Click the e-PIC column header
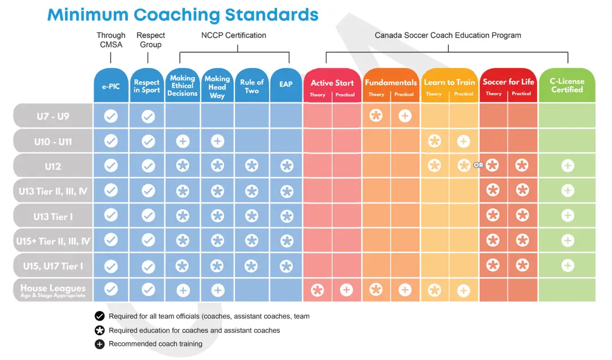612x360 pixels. [111, 86]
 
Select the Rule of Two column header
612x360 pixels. [252, 86]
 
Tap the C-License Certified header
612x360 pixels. [567, 86]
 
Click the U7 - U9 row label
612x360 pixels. [53, 116]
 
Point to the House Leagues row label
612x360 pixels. [53, 290]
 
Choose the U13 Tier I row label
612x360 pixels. [53, 217]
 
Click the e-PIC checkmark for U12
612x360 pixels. [111, 166]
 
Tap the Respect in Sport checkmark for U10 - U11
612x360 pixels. [148, 141]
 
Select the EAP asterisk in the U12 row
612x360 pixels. [287, 166]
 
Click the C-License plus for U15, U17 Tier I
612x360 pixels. [567, 266]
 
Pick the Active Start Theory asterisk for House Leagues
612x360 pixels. [317, 290]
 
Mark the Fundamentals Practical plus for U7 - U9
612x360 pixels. [405, 116]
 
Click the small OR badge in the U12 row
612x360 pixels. [478, 165]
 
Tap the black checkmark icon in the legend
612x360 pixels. [100, 316]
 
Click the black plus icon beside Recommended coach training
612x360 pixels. [100, 344]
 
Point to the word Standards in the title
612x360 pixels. [271, 15]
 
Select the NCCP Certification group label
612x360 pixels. [233, 35]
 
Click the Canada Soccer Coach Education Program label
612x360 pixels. [448, 35]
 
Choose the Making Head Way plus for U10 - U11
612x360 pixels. [218, 141]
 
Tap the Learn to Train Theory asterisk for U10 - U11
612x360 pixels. [435, 141]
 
